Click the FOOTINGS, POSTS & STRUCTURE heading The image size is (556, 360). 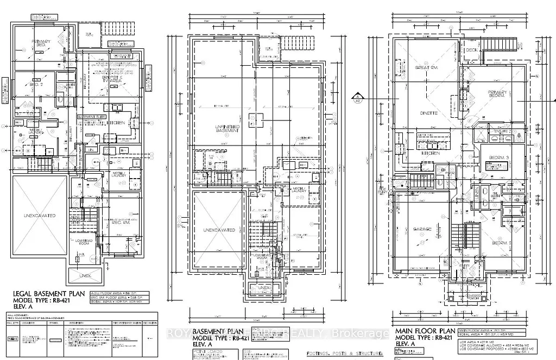tap(344, 353)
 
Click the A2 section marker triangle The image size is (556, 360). tap(372, 99)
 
